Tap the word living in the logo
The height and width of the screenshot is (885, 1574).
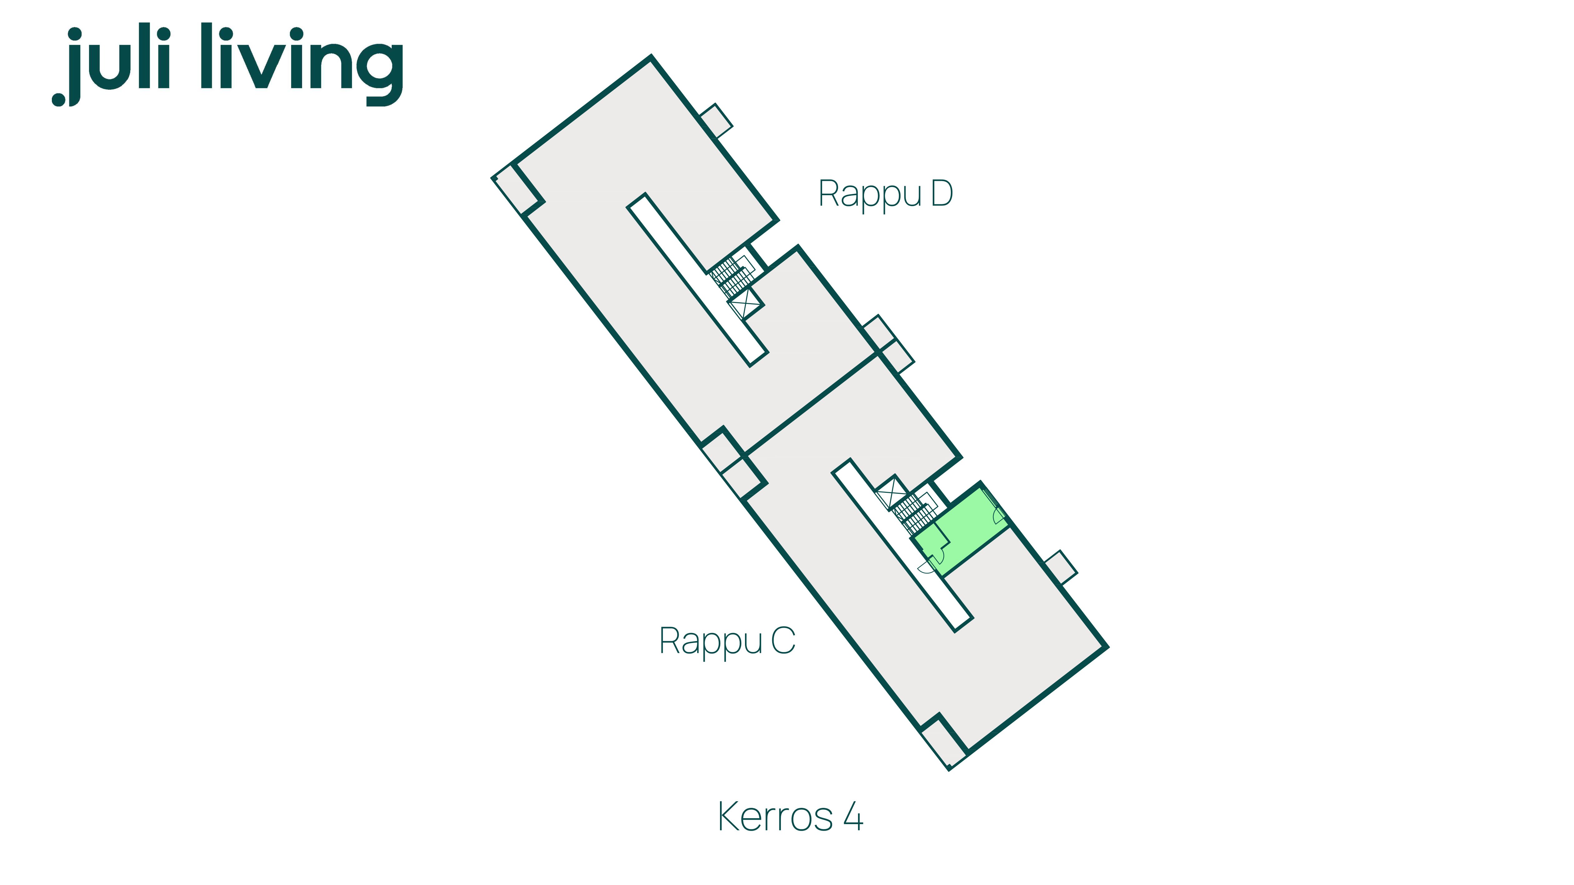point(302,64)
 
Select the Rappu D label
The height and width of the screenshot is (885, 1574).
point(885,194)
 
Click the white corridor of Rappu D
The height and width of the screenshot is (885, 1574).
point(697,280)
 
